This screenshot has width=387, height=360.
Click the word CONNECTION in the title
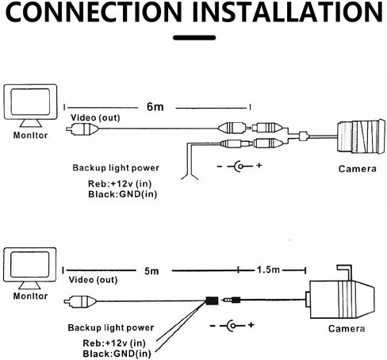[x=94, y=12]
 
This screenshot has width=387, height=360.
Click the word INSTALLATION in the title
[x=288, y=12]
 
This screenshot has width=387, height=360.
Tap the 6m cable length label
[x=155, y=106]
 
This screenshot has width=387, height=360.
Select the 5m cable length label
[x=151, y=271]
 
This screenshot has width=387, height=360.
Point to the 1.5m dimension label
[x=268, y=270]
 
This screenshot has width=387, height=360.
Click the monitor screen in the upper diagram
[x=30, y=101]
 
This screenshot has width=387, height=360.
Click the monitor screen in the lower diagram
[x=30, y=265]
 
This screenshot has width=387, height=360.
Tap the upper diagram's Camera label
[x=358, y=169]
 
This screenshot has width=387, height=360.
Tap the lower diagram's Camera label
[x=347, y=328]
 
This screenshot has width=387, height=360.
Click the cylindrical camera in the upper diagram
[x=361, y=136]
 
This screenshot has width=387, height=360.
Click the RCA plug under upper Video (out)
[x=82, y=129]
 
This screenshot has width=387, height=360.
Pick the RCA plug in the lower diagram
[x=80, y=301]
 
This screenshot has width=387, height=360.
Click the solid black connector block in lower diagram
[x=212, y=301]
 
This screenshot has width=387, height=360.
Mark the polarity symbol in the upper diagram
[x=239, y=167]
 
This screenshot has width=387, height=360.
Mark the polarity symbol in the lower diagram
[x=232, y=325]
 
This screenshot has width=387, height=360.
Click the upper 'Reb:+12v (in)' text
[x=120, y=183]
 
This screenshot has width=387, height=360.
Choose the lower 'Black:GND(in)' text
[x=117, y=354]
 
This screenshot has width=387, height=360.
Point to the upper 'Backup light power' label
[x=116, y=168]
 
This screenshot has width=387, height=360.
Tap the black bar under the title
[x=194, y=37]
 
